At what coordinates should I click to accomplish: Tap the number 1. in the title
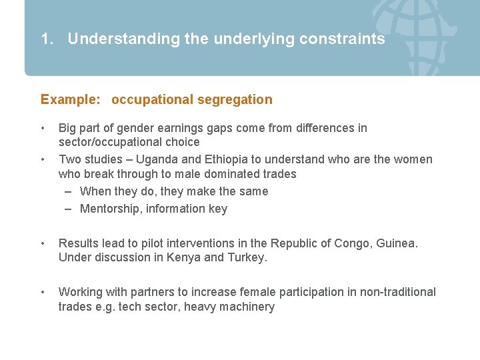click(47, 39)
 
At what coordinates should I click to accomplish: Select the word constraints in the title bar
click(342, 39)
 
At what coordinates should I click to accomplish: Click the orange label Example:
click(71, 100)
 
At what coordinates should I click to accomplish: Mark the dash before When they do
click(69, 191)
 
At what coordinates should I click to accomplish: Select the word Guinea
click(397, 243)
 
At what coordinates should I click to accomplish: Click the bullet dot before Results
click(43, 243)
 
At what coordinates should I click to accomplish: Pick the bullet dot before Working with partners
click(43, 292)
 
